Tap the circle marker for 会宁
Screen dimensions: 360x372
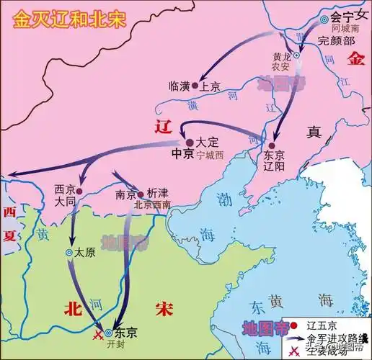click(x=324, y=19)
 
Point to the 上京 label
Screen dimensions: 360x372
click(x=210, y=85)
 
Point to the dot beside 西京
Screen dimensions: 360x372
click(x=80, y=191)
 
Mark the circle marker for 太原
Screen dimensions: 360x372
click(x=69, y=253)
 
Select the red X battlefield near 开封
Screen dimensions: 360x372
click(x=97, y=335)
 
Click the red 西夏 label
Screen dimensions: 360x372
click(x=9, y=224)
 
